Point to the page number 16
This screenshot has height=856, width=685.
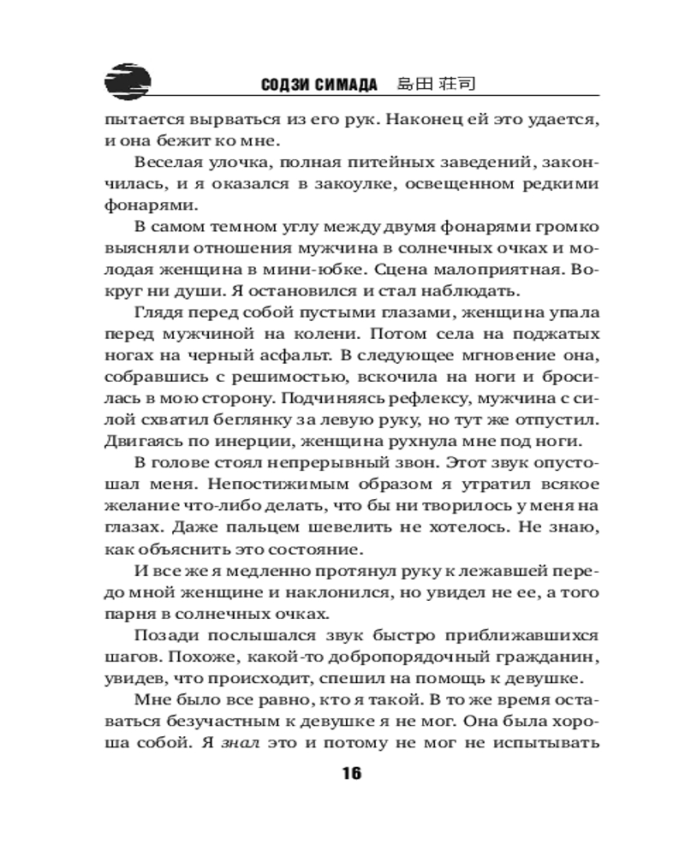[352, 774]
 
